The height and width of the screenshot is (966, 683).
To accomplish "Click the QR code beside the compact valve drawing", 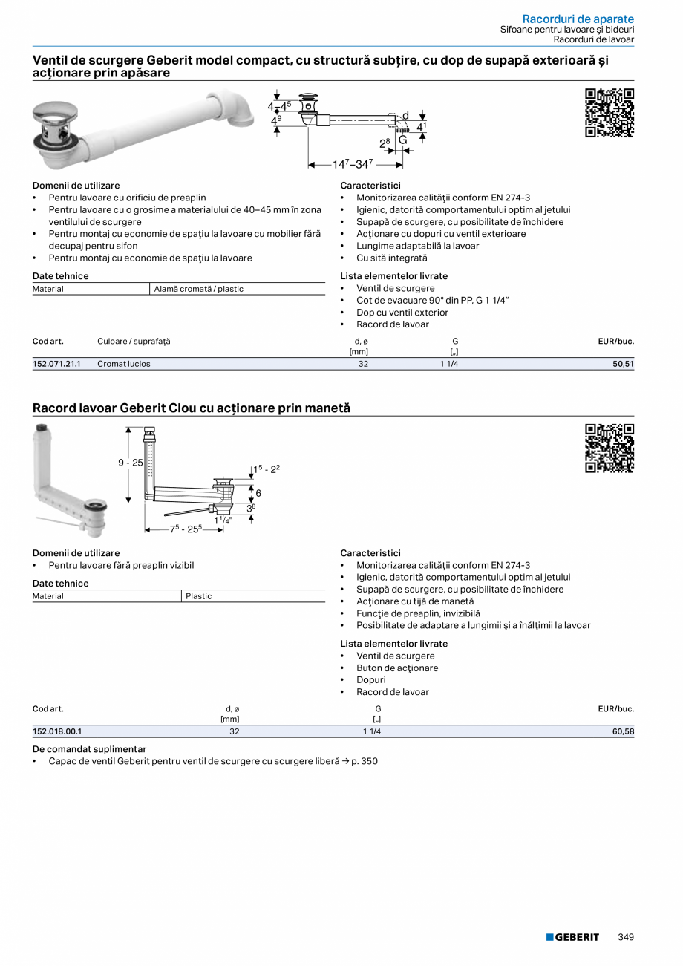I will [609, 113].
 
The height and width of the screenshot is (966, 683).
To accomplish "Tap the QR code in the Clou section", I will [609, 448].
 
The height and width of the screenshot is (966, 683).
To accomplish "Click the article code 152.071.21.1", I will [56, 364].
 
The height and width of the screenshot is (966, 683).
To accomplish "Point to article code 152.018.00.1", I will [57, 731].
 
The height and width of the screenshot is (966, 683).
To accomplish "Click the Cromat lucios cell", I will [124, 364].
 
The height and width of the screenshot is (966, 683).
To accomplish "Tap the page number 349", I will [626, 937].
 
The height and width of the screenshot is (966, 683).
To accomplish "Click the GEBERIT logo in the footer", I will [572, 937].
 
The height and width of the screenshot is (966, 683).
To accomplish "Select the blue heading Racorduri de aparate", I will [578, 19].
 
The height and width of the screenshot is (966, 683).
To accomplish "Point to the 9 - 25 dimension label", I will [131, 463].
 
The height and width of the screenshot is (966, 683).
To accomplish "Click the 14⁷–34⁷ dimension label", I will [353, 164].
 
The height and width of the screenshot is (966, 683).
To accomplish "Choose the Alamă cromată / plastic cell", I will [198, 289].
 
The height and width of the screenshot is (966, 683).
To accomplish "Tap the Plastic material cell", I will [199, 596].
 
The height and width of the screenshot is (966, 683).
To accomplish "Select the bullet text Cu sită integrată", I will [391, 258].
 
